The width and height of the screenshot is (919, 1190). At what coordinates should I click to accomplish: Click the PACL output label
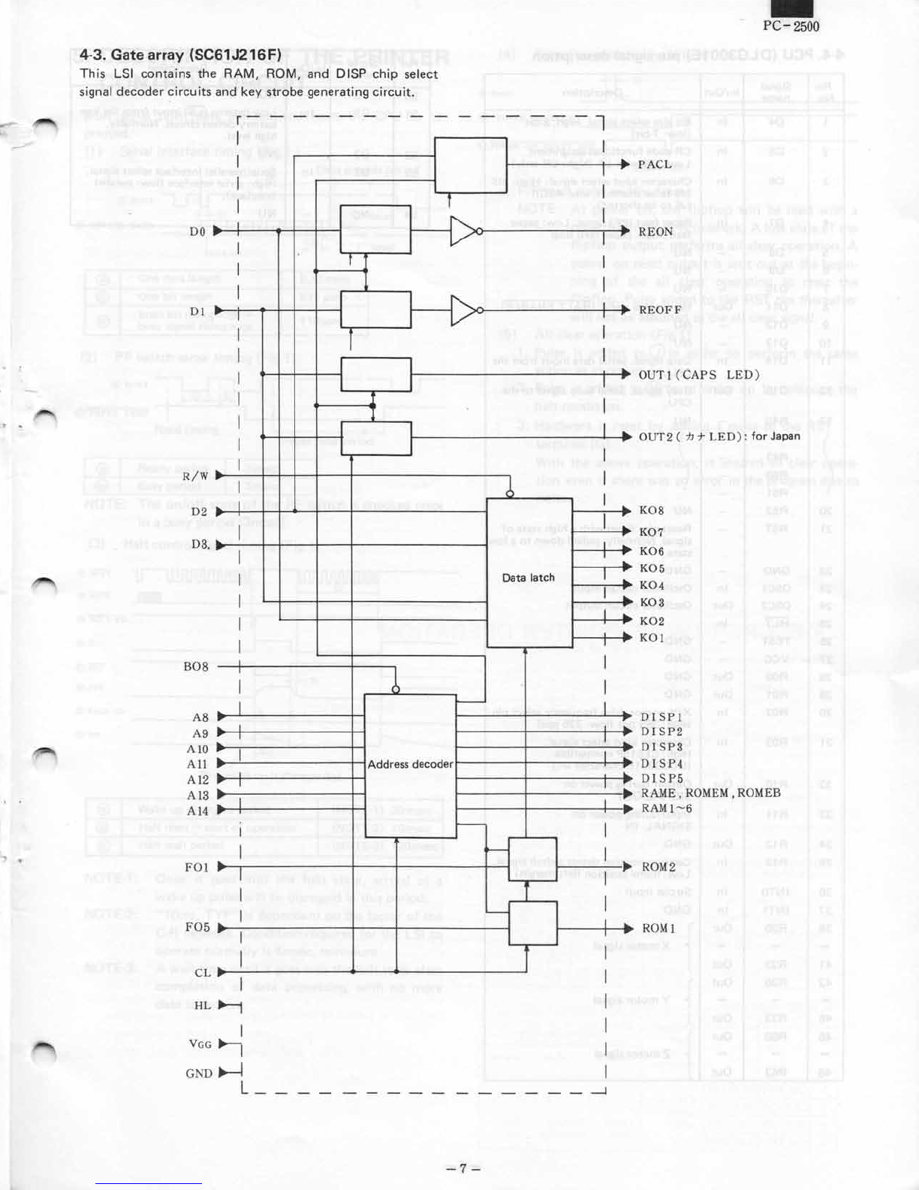click(655, 165)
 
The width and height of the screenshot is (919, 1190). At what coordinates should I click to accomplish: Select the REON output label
click(655, 232)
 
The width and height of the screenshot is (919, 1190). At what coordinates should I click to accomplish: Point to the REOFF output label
click(660, 310)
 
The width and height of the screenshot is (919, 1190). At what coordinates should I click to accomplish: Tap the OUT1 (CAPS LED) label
click(699, 375)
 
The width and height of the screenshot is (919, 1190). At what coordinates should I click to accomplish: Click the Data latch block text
click(529, 578)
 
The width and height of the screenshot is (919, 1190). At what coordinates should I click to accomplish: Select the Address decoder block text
click(410, 764)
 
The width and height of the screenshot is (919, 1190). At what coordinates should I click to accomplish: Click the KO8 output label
click(651, 511)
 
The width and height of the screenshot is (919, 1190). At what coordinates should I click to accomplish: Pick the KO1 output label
click(651, 638)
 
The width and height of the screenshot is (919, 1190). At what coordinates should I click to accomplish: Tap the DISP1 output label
click(661, 717)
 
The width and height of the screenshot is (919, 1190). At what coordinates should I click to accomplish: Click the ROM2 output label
click(658, 867)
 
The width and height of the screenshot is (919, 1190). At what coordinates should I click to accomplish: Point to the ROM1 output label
click(658, 929)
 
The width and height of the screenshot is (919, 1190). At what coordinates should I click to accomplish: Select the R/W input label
click(195, 476)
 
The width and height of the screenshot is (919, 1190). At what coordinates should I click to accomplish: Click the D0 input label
click(197, 232)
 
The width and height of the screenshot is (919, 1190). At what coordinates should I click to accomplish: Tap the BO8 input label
click(196, 667)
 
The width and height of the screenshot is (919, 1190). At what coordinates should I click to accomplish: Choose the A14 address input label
click(197, 811)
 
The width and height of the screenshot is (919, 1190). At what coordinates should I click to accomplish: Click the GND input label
click(199, 1074)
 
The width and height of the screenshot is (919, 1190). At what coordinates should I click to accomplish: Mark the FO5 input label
click(197, 927)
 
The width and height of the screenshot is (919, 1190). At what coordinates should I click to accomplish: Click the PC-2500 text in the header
click(791, 26)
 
